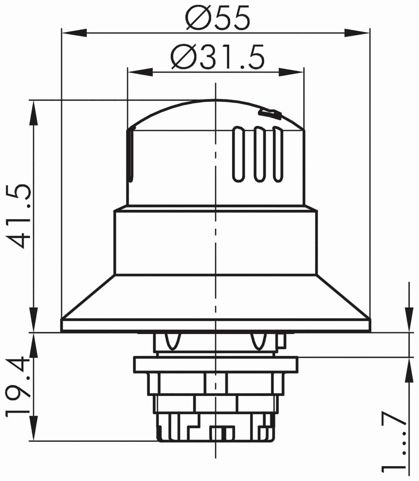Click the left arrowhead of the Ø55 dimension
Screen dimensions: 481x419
coord(74,33)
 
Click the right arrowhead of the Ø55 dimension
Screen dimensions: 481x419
coord(357,33)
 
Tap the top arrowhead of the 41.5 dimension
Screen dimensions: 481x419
coord(33,113)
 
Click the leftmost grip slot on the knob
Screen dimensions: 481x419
coord(238,154)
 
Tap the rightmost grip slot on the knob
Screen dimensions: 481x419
coord(278,154)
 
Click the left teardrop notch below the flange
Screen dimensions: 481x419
coord(172,341)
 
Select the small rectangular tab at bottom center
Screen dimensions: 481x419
coord(222,433)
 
